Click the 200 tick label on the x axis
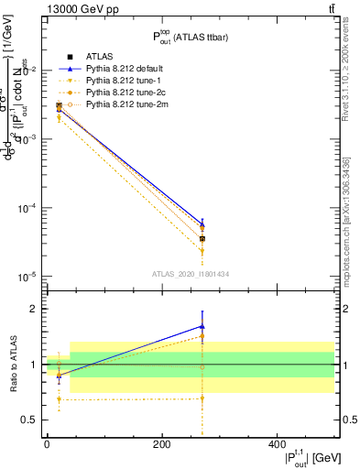click(161, 444)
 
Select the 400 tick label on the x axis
click(277, 444)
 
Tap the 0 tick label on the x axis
click(47, 444)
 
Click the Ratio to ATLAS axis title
click(12, 365)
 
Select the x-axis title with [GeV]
click(297, 458)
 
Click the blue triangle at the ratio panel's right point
click(202, 326)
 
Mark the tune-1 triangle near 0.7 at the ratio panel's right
click(202, 398)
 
